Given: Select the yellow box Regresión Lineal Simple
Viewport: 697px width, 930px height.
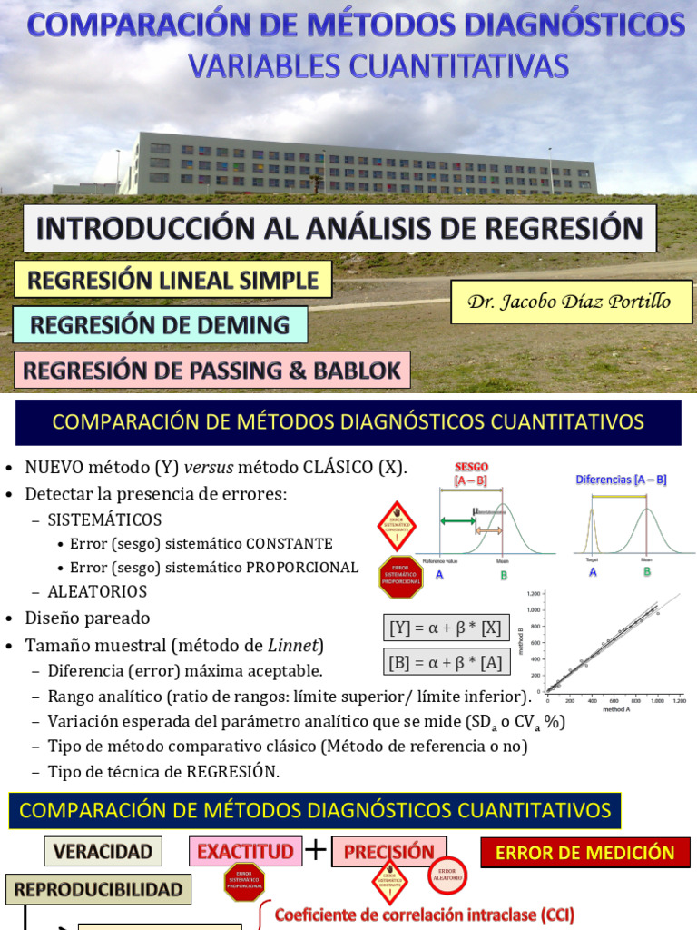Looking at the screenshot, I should pos(173,279).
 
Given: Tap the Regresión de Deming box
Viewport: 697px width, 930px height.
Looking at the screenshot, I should pos(160,324).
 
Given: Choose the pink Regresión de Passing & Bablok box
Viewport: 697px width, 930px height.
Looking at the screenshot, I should pos(211,371).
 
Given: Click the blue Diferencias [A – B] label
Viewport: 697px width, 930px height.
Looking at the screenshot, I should pos(621,479).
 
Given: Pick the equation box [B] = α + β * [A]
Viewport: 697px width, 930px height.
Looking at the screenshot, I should pos(445,663).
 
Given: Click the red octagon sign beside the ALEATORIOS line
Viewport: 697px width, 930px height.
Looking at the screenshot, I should pos(400,577).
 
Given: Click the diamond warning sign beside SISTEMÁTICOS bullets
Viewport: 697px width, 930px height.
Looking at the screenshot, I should pos(397,525).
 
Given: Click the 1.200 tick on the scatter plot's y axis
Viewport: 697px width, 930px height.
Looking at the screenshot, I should pos(534,592).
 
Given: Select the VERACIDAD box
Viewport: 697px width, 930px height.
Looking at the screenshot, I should pos(103,851).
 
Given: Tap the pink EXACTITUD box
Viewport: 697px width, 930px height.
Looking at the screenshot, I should pos(245,851).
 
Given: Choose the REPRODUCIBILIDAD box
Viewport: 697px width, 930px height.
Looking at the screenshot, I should pos(99,889).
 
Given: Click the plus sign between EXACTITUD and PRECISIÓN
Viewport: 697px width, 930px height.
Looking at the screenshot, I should pos(316,850).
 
